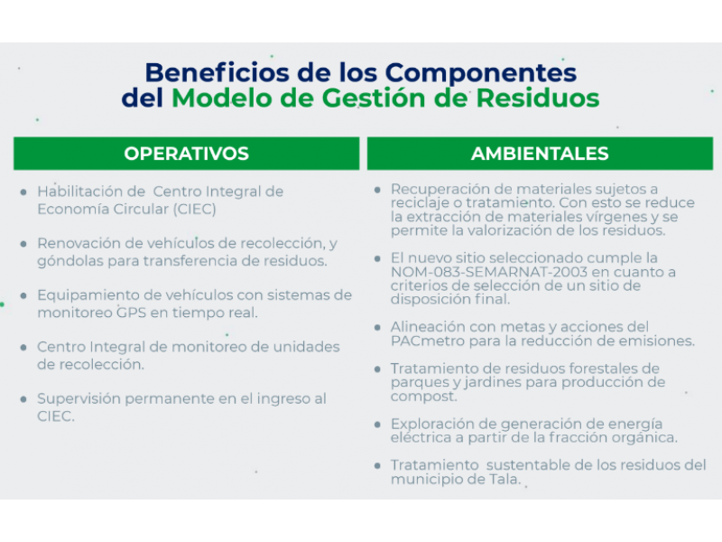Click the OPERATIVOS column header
coord(187,154)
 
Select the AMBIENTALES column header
coord(540,154)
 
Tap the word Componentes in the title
coord(481,74)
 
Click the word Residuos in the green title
coord(538,98)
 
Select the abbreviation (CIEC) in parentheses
coord(194,210)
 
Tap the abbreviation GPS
coord(131,313)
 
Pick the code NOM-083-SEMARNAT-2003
coord(489,272)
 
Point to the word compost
coord(423,397)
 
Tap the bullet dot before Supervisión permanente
coord(23,399)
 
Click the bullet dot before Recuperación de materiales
coord(377,190)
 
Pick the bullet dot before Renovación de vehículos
coord(23,244)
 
